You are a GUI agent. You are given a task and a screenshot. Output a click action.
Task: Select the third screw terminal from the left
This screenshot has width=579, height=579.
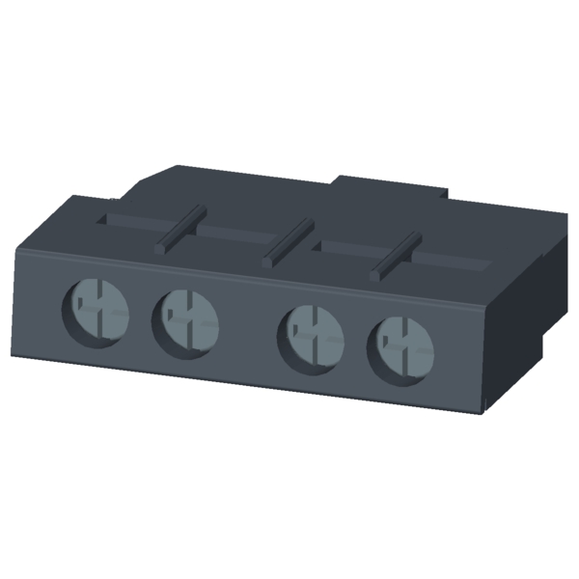(311, 335)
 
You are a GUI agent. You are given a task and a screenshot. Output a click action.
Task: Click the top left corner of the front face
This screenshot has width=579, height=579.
(18, 247)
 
